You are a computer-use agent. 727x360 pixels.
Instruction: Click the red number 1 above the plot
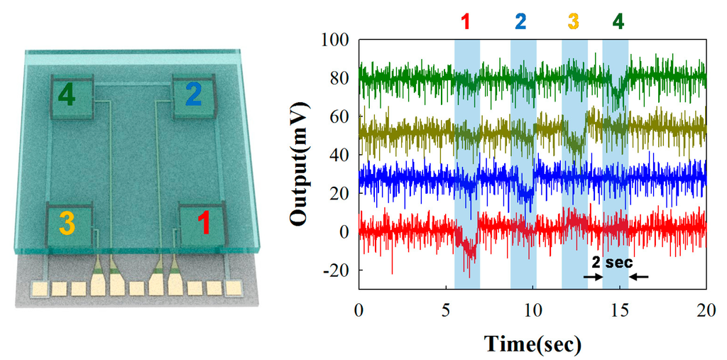(x=466, y=21)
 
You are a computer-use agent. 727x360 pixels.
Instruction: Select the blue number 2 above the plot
(x=521, y=21)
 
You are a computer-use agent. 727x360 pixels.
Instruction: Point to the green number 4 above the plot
(x=618, y=21)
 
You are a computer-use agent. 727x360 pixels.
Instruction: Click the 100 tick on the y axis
(x=337, y=40)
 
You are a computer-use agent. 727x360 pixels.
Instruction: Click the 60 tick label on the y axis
(x=339, y=117)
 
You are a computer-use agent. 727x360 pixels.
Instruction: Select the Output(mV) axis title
(x=301, y=165)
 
